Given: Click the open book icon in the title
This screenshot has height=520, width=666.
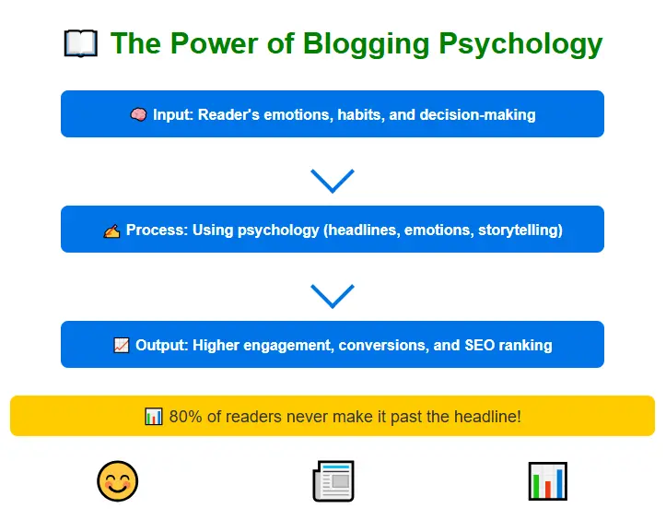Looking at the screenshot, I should tap(80, 43).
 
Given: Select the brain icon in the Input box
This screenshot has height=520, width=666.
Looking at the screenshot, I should tap(138, 115).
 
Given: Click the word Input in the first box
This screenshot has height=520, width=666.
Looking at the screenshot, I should tap(173, 115).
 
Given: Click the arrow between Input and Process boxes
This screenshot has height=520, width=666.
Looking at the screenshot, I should tap(333, 180).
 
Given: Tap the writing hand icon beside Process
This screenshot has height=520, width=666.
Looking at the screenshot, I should tap(111, 230).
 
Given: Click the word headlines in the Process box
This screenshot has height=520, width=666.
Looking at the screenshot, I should tap(362, 230).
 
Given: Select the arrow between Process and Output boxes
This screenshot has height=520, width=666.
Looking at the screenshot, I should tap(333, 295).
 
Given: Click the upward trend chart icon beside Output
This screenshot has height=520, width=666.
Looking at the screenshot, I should tap(121, 346).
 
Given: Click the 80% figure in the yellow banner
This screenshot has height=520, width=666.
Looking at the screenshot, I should tap(185, 417).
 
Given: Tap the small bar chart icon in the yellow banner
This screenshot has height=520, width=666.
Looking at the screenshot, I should tap(154, 417).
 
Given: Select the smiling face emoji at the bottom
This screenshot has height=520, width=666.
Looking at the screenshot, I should tap(118, 481).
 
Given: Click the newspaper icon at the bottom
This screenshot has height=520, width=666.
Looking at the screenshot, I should tap(333, 481).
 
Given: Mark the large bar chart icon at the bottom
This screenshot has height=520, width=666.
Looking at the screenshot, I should tap(547, 481).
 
